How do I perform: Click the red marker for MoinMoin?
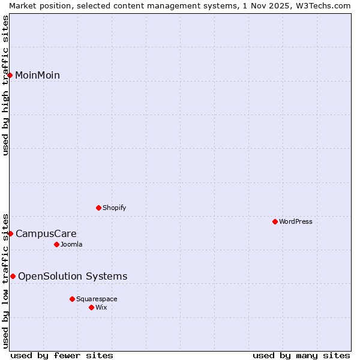pyautogui.click(x=10, y=75)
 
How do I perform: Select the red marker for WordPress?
pyautogui.click(x=275, y=221)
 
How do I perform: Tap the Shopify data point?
pyautogui.click(x=98, y=208)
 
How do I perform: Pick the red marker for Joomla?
pyautogui.click(x=56, y=244)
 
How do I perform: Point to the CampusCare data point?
pyautogui.click(x=10, y=233)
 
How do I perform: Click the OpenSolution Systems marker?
pyautogui.click(x=13, y=276)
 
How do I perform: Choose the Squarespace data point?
pyautogui.click(x=72, y=299)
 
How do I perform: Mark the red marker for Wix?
pyautogui.click(x=91, y=307)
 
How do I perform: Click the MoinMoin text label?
pyautogui.click(x=37, y=75)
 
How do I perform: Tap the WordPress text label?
pyautogui.click(x=296, y=221)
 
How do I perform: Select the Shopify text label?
pyautogui.click(x=114, y=208)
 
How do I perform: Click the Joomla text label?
pyautogui.click(x=71, y=244)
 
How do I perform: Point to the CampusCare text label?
pyautogui.click(x=46, y=233)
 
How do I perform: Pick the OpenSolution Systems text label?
pyautogui.click(x=73, y=276)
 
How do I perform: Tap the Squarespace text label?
pyautogui.click(x=97, y=299)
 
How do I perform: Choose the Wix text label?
pyautogui.click(x=101, y=307)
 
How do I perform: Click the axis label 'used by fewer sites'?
pyautogui.click(x=62, y=355)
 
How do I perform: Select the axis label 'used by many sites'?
pyautogui.click(x=301, y=355)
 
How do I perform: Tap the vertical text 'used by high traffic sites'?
pyautogui.click(x=5, y=85)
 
